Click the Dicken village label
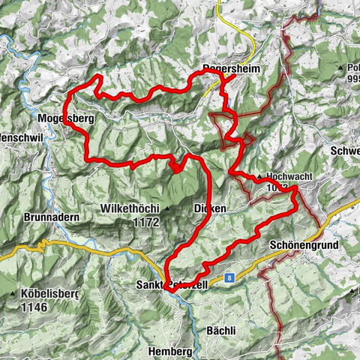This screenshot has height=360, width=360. click(x=209, y=208)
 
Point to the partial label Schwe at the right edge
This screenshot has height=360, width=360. click(x=344, y=150)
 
